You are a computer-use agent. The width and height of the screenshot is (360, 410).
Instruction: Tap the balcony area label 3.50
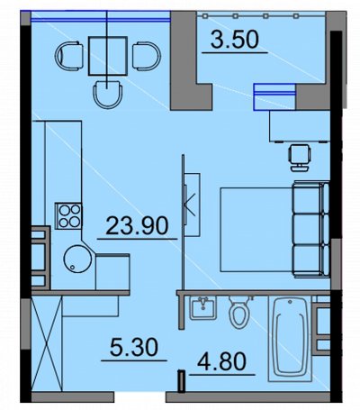coord(234,40)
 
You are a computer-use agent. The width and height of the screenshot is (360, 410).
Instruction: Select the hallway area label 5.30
coord(134,347)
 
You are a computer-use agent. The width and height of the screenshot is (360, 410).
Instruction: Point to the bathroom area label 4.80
coord(222,361)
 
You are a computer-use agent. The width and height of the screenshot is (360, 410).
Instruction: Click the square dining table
coord(108,56)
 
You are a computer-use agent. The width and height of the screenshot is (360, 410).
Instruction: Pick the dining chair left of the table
coord(69,56)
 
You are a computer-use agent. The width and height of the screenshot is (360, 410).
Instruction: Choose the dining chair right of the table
coord(147,56)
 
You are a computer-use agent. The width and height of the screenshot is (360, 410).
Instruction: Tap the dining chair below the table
coord(108,95)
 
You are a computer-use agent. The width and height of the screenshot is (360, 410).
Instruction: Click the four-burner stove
coord(68,216)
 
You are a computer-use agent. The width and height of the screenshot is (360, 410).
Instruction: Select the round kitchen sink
coord(77,259)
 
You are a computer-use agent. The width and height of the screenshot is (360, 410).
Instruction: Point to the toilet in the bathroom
coord(239,312)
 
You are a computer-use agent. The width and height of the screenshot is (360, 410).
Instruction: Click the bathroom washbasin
coord(203,307)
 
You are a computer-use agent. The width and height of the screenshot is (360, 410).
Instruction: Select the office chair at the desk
coord(299,158)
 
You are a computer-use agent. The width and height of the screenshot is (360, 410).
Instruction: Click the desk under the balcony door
coord(300,126)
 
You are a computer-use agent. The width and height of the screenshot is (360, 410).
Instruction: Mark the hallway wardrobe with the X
coord(47,343)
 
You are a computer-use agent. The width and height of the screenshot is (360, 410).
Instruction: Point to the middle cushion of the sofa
coord(311,229)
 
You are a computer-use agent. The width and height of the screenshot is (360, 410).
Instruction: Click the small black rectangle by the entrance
coord(182,381)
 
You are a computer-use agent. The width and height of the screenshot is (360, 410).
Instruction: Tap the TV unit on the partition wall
coord(193,205)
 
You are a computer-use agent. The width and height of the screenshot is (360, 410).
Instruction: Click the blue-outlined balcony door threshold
coord(274,96)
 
